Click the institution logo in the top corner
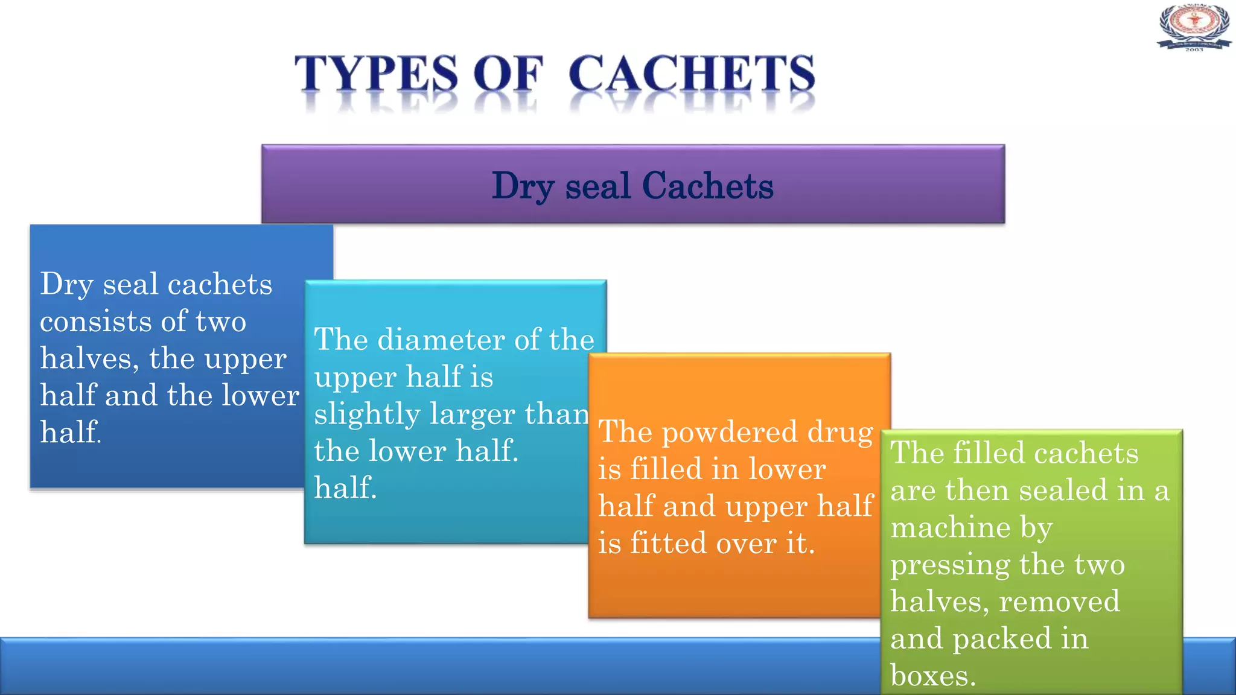pos(1194,27)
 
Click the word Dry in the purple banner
pos(523,186)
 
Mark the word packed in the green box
pos(1002,639)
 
